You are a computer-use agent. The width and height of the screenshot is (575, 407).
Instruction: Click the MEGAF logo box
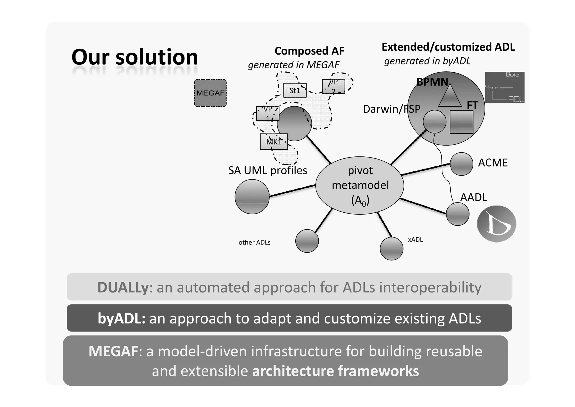point(210,93)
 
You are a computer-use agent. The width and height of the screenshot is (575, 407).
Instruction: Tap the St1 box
point(295,90)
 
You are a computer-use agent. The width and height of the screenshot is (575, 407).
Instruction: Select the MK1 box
point(274,142)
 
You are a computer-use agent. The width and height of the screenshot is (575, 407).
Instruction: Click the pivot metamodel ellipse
point(360,186)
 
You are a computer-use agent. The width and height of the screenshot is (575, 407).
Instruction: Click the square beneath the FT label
point(461,122)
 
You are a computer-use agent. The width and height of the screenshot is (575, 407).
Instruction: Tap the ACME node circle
point(461,164)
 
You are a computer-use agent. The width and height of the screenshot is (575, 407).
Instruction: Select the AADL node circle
point(457,214)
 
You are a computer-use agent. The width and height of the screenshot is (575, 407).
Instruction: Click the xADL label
point(415,240)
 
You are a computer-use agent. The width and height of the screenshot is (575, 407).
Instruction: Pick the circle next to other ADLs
point(307,241)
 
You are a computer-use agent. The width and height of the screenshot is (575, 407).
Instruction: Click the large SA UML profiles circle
point(252,197)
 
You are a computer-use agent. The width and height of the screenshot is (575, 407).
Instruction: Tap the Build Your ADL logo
point(505,87)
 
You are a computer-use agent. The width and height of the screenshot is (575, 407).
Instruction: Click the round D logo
point(496,224)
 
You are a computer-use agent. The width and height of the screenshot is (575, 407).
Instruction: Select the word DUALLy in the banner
point(123,287)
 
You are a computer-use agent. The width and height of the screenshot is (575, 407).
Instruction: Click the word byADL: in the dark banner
point(121,318)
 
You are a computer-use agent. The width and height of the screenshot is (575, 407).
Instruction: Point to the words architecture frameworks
point(335,371)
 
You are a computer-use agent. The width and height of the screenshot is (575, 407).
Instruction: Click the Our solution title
point(135,57)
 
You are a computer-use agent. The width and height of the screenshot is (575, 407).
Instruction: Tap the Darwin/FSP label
point(391,109)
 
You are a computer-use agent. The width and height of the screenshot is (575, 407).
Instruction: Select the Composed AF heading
point(309,51)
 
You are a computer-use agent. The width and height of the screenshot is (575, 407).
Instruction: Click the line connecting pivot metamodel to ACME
point(425,169)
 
